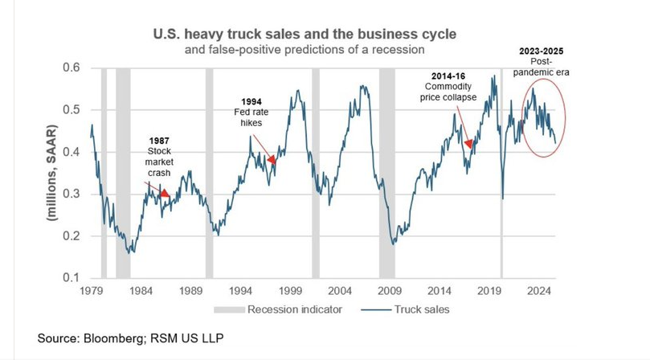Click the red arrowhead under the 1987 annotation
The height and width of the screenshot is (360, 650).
[165, 193]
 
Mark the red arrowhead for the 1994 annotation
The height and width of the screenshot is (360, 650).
[272, 160]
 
